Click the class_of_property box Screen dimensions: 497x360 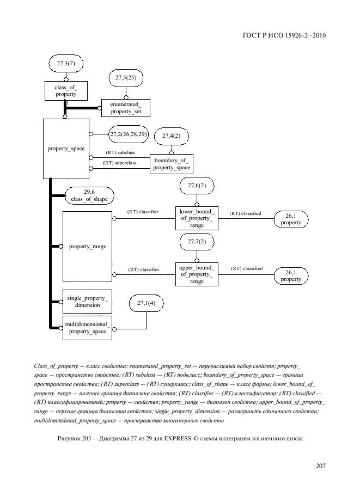[65, 91]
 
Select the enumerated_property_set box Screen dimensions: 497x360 [125, 108]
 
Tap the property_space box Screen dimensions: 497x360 [66, 149]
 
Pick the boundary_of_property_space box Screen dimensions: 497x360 [171, 164]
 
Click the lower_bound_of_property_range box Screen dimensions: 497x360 [197, 218]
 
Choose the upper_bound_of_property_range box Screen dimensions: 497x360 [197, 274]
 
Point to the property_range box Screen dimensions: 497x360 [87, 246]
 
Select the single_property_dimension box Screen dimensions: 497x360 [87, 302]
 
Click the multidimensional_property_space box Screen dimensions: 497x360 [87, 328]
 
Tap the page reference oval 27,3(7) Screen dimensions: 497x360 [65, 64]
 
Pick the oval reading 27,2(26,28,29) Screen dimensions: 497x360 [129, 134]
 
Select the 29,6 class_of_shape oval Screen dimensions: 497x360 [89, 195]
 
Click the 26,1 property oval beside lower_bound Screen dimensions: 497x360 [291, 219]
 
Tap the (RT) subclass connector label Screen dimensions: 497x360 [120, 152]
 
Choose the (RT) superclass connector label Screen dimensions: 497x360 [119, 163]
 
